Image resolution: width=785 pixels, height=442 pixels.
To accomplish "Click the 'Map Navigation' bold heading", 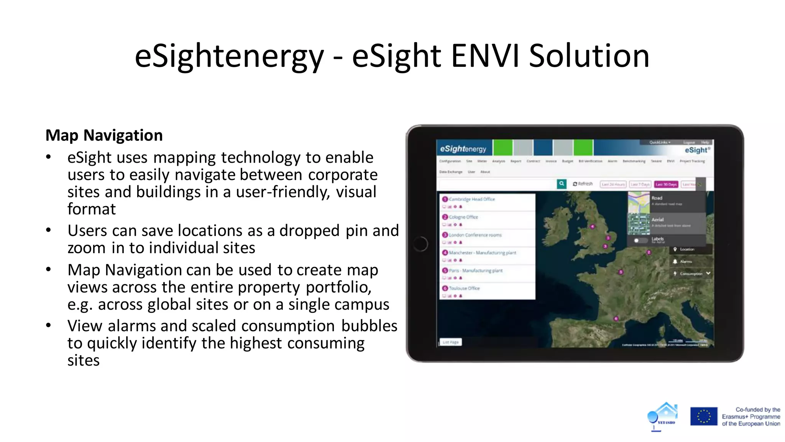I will coord(104,135).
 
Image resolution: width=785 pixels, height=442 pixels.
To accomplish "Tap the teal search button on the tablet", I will coord(562,184).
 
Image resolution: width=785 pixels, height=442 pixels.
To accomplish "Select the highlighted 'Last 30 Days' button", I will coord(666,185).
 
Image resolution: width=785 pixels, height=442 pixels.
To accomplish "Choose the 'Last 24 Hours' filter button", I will coord(613,185).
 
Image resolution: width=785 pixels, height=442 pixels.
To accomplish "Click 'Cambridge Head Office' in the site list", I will coord(472,199).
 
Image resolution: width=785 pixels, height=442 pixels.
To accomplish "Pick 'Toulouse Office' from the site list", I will coord(464,288).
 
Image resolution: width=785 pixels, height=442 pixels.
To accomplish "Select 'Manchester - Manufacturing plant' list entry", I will coord(482,253).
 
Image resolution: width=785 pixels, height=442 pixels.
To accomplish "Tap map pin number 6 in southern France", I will coord(616,318).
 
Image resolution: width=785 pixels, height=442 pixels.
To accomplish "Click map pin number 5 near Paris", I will coord(621,272).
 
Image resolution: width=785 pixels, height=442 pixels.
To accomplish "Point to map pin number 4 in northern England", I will coord(592,226).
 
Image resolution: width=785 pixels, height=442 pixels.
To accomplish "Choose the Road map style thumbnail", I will coord(639,202).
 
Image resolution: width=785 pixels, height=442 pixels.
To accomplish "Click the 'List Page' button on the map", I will coord(450,342).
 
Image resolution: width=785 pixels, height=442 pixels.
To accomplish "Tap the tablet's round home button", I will coord(420,244).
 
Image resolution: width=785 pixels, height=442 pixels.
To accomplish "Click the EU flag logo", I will coord(703,416).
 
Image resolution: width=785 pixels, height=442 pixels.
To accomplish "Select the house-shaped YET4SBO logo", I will coord(663,416).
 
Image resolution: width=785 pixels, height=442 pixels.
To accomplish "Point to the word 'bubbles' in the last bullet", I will coord(369,326).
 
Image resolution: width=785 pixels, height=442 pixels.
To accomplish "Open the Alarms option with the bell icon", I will coord(685,262).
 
